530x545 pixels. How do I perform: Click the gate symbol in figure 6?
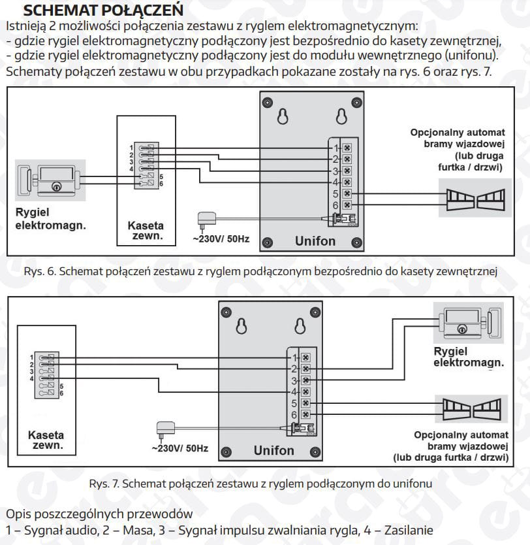point(476,199)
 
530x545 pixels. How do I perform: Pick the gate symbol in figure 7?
point(471,409)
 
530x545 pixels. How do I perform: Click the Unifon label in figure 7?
point(273,450)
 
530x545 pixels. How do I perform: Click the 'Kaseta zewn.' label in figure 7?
point(46,440)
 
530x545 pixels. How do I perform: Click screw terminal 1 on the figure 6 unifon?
point(347,147)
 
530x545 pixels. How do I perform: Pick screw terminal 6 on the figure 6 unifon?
point(347,206)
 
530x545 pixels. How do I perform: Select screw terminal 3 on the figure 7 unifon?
point(305,380)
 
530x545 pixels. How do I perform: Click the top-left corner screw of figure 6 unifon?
point(267,103)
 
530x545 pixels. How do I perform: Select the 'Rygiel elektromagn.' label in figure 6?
point(50,220)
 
